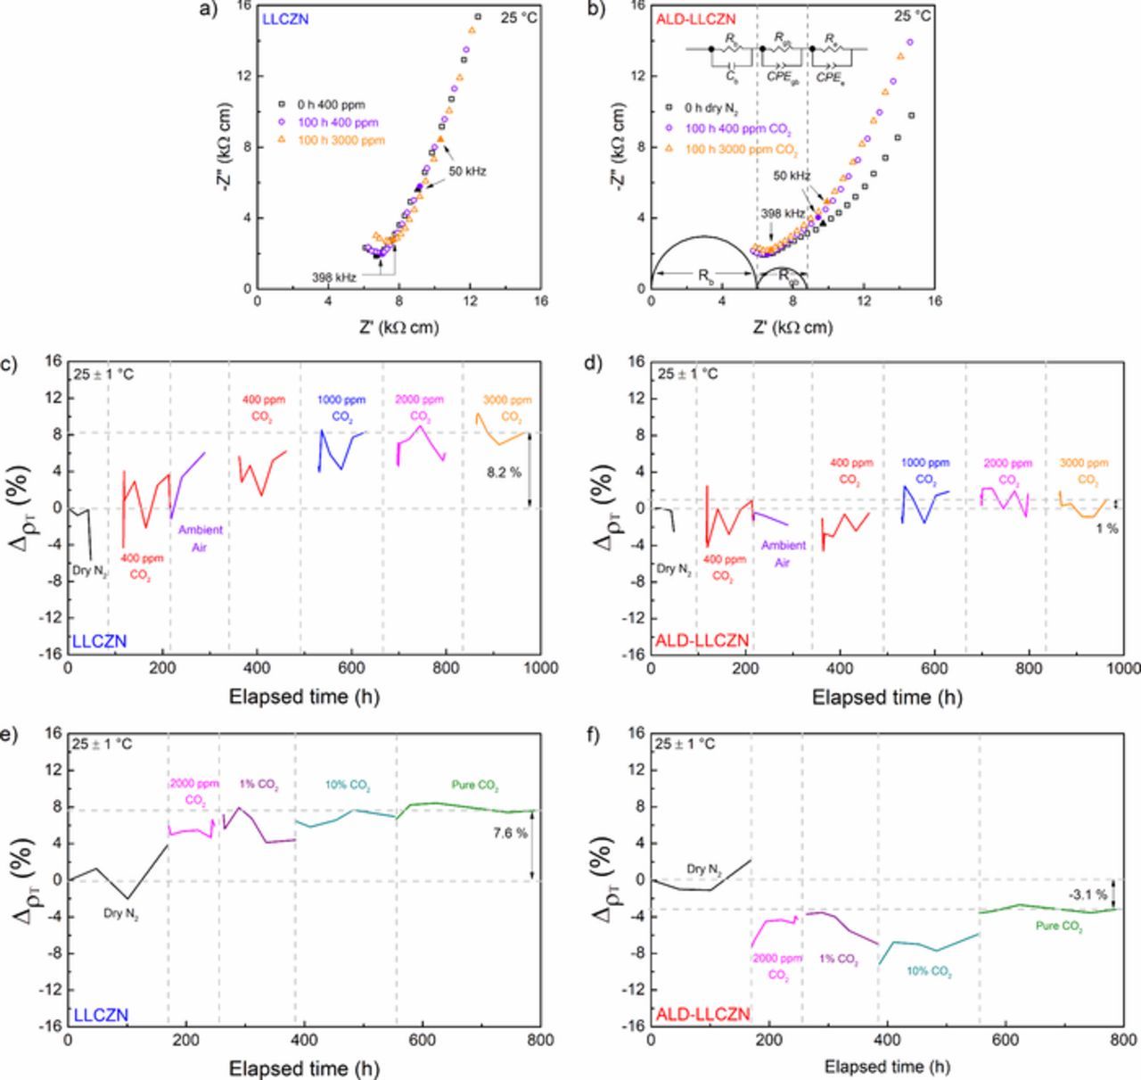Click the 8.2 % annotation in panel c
tap(504, 473)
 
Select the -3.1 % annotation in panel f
tap(1088, 894)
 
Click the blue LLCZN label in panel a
tap(285, 18)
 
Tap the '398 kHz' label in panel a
tap(334, 277)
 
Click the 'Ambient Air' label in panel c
tap(200, 538)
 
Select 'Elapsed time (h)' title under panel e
tap(304, 1068)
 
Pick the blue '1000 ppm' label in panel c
tap(342, 400)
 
